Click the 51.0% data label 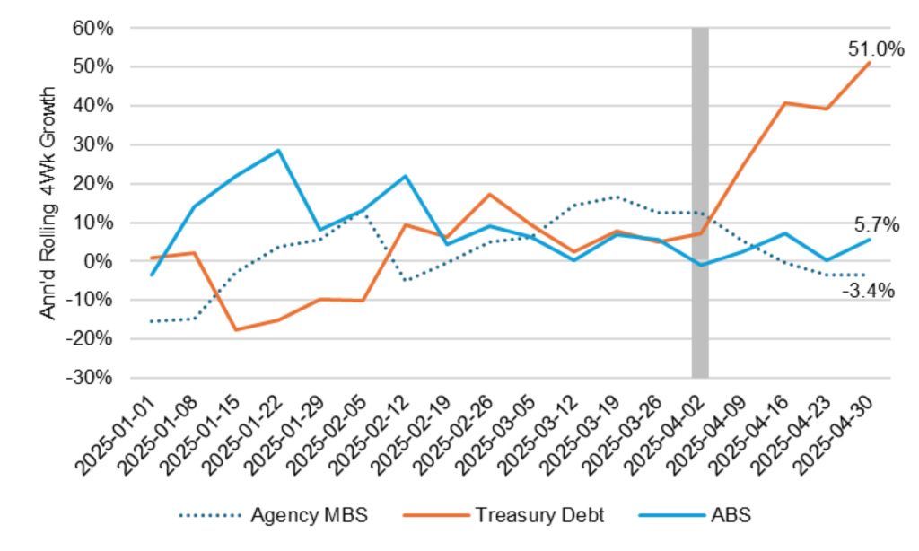pyautogui.click(x=876, y=49)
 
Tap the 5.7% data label pyautogui.click(x=876, y=225)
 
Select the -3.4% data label pyautogui.click(x=866, y=291)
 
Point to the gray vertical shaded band pyautogui.click(x=700, y=202)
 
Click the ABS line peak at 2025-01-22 pyautogui.click(x=278, y=151)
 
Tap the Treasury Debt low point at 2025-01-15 pyautogui.click(x=236, y=329)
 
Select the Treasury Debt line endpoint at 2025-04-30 pyautogui.click(x=869, y=63)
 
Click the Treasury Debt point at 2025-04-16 pyautogui.click(x=784, y=103)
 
